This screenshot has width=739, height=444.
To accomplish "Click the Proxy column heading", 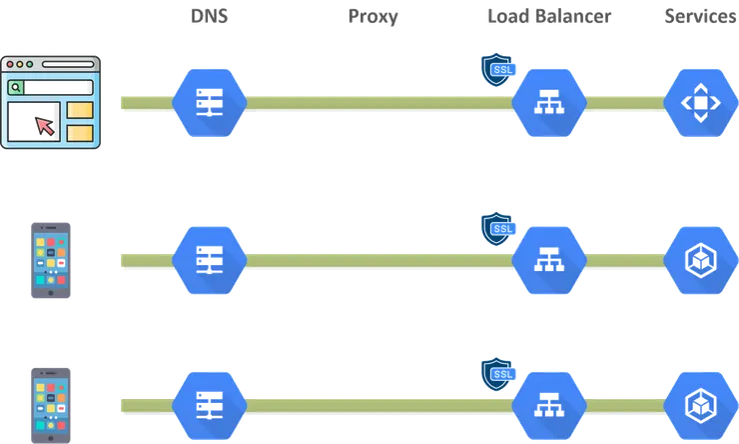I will tap(373, 17).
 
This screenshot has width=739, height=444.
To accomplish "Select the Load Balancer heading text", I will tap(549, 17).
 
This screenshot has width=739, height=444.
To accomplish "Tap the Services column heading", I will tap(700, 17).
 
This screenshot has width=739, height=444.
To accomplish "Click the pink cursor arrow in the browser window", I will tap(43, 125).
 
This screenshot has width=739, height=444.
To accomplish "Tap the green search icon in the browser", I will tap(17, 88).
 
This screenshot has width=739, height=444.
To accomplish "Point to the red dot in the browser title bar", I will tap(12, 63).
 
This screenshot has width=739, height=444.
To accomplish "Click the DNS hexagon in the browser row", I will tap(210, 100).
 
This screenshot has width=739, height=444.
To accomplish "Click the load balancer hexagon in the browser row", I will tap(548, 102).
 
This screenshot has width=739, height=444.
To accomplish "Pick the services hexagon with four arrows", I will tap(700, 102).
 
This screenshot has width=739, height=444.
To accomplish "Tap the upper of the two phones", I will tap(52, 259).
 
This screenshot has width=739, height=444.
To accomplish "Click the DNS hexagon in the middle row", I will tap(210, 258).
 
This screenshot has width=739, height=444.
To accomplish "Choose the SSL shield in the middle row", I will tap(498, 229).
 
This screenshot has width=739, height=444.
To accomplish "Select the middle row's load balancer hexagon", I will tap(548, 259).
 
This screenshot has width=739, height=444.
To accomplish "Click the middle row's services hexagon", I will tap(700, 259).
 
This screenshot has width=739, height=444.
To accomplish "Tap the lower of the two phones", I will tap(52, 403).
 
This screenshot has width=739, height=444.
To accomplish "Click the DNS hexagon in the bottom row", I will tap(210, 402).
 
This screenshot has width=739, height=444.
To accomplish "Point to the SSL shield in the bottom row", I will tap(498, 374).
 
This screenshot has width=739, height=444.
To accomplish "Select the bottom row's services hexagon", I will tap(700, 402).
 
